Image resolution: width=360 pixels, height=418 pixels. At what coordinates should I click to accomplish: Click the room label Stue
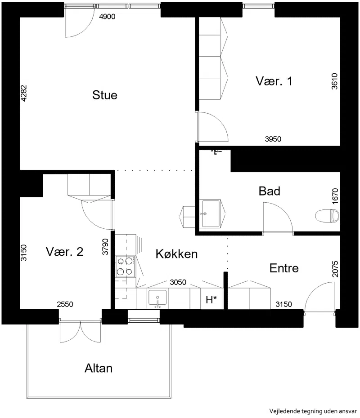(104, 95)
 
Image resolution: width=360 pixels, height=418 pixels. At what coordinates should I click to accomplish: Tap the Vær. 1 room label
(274, 81)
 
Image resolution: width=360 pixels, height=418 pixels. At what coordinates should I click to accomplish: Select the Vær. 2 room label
(65, 252)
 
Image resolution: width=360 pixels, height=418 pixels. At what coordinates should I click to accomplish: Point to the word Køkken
(177, 254)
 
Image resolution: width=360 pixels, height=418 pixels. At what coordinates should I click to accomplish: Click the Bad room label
(270, 191)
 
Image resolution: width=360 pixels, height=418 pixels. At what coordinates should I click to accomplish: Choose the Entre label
(284, 268)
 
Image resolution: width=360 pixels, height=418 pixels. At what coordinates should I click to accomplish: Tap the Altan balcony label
(99, 368)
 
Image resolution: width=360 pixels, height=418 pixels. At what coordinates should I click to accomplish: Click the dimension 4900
(107, 17)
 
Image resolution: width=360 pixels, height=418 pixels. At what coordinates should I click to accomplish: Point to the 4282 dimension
(24, 93)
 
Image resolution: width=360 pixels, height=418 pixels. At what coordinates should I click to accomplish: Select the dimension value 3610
(334, 81)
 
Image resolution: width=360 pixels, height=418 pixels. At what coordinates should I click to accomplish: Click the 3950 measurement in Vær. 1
(273, 139)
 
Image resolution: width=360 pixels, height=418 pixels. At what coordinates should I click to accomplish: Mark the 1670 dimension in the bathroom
(335, 196)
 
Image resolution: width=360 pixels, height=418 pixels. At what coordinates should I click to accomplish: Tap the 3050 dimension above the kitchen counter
(178, 282)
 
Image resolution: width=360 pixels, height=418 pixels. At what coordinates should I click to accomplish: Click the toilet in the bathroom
(328, 216)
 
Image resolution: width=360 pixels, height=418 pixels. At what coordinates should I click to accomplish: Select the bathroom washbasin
(211, 213)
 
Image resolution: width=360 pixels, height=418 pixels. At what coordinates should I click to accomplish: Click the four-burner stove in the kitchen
(125, 267)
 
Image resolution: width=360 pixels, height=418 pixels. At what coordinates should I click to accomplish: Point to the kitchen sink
(157, 299)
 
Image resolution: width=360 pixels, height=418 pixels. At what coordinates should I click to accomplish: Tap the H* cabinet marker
(211, 300)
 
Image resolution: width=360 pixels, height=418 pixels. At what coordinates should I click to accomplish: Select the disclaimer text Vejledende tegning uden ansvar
(313, 411)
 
